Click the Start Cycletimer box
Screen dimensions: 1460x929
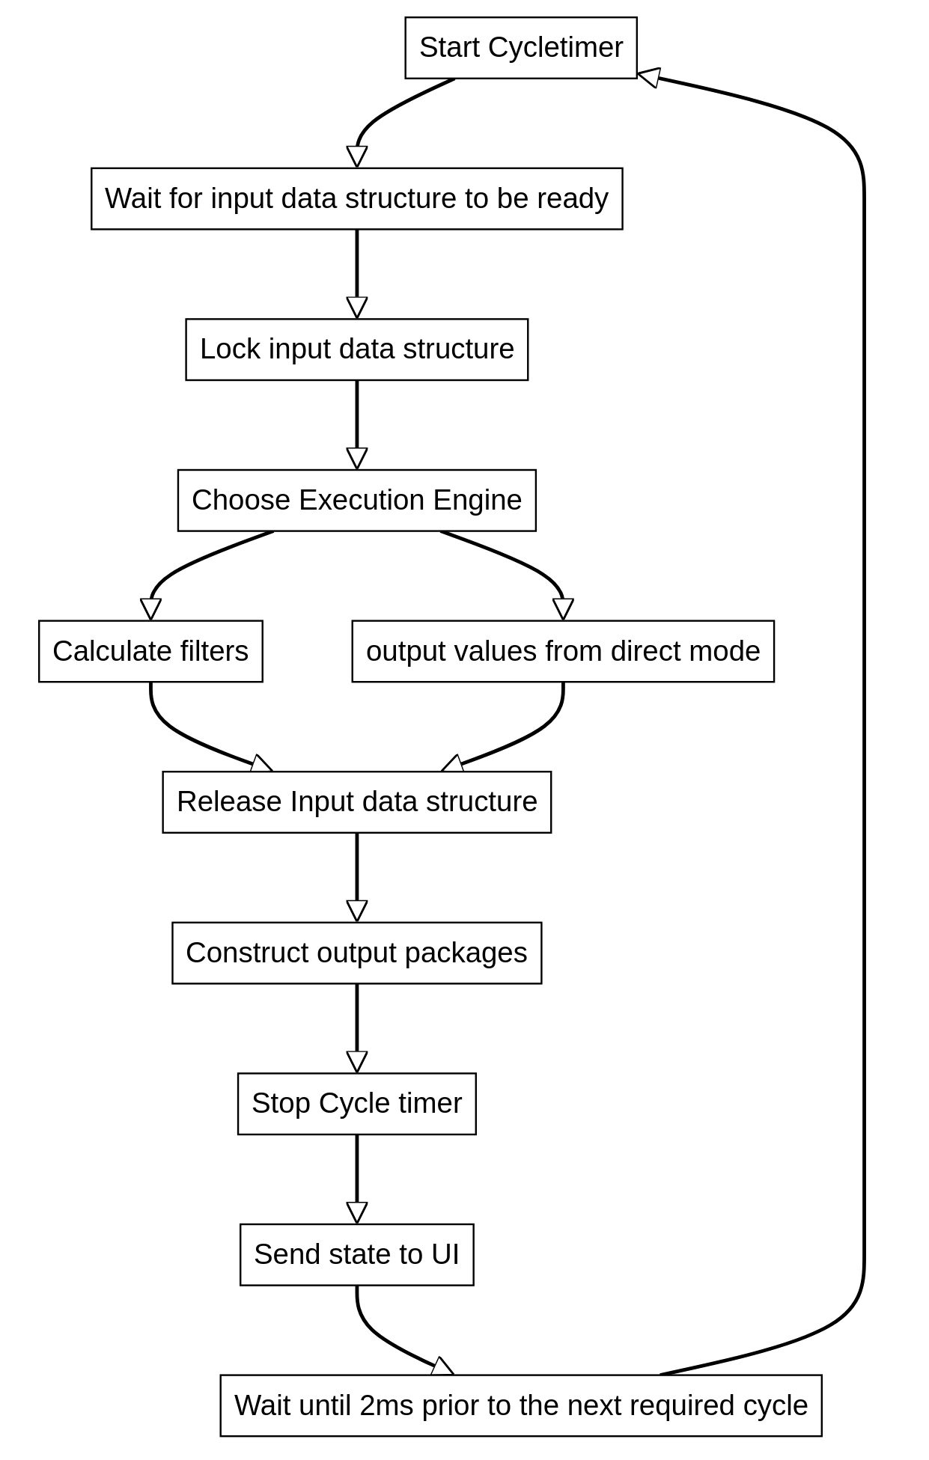coord(520,48)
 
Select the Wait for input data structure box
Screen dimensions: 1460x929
coord(356,198)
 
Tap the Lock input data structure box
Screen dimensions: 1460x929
coord(356,349)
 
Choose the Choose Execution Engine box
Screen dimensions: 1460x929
coord(356,500)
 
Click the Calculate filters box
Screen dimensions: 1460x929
coord(150,651)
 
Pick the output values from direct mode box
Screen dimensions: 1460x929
coord(563,651)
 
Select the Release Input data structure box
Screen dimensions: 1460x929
coord(356,801)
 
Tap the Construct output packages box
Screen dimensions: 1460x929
coord(356,953)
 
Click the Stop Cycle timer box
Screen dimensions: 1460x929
coord(356,1104)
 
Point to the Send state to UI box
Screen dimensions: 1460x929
coord(356,1254)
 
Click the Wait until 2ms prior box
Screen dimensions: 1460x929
coord(520,1405)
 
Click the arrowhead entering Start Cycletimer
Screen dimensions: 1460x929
coord(648,77)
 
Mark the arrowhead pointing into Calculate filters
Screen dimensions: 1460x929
coord(150,609)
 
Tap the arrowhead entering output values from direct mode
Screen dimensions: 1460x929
coord(563,609)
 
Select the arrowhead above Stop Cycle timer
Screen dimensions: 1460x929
coord(357,1062)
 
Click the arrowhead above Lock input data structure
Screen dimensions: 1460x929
coord(357,308)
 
